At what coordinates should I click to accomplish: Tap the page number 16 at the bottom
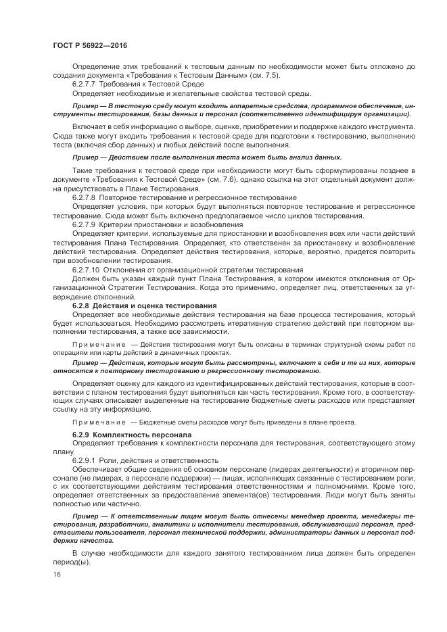pyautogui.click(x=57, y=574)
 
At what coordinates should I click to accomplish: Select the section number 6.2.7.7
pyautogui.click(x=85, y=84)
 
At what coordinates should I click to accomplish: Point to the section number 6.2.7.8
pyautogui.click(x=85, y=197)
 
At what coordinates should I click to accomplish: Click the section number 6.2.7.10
pyautogui.click(x=86, y=270)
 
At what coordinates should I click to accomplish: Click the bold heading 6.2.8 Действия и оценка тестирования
pyautogui.click(x=144, y=306)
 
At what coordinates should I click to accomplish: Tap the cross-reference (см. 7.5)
pyautogui.click(x=260, y=75)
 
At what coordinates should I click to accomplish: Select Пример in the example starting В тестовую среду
pyautogui.click(x=85, y=107)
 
